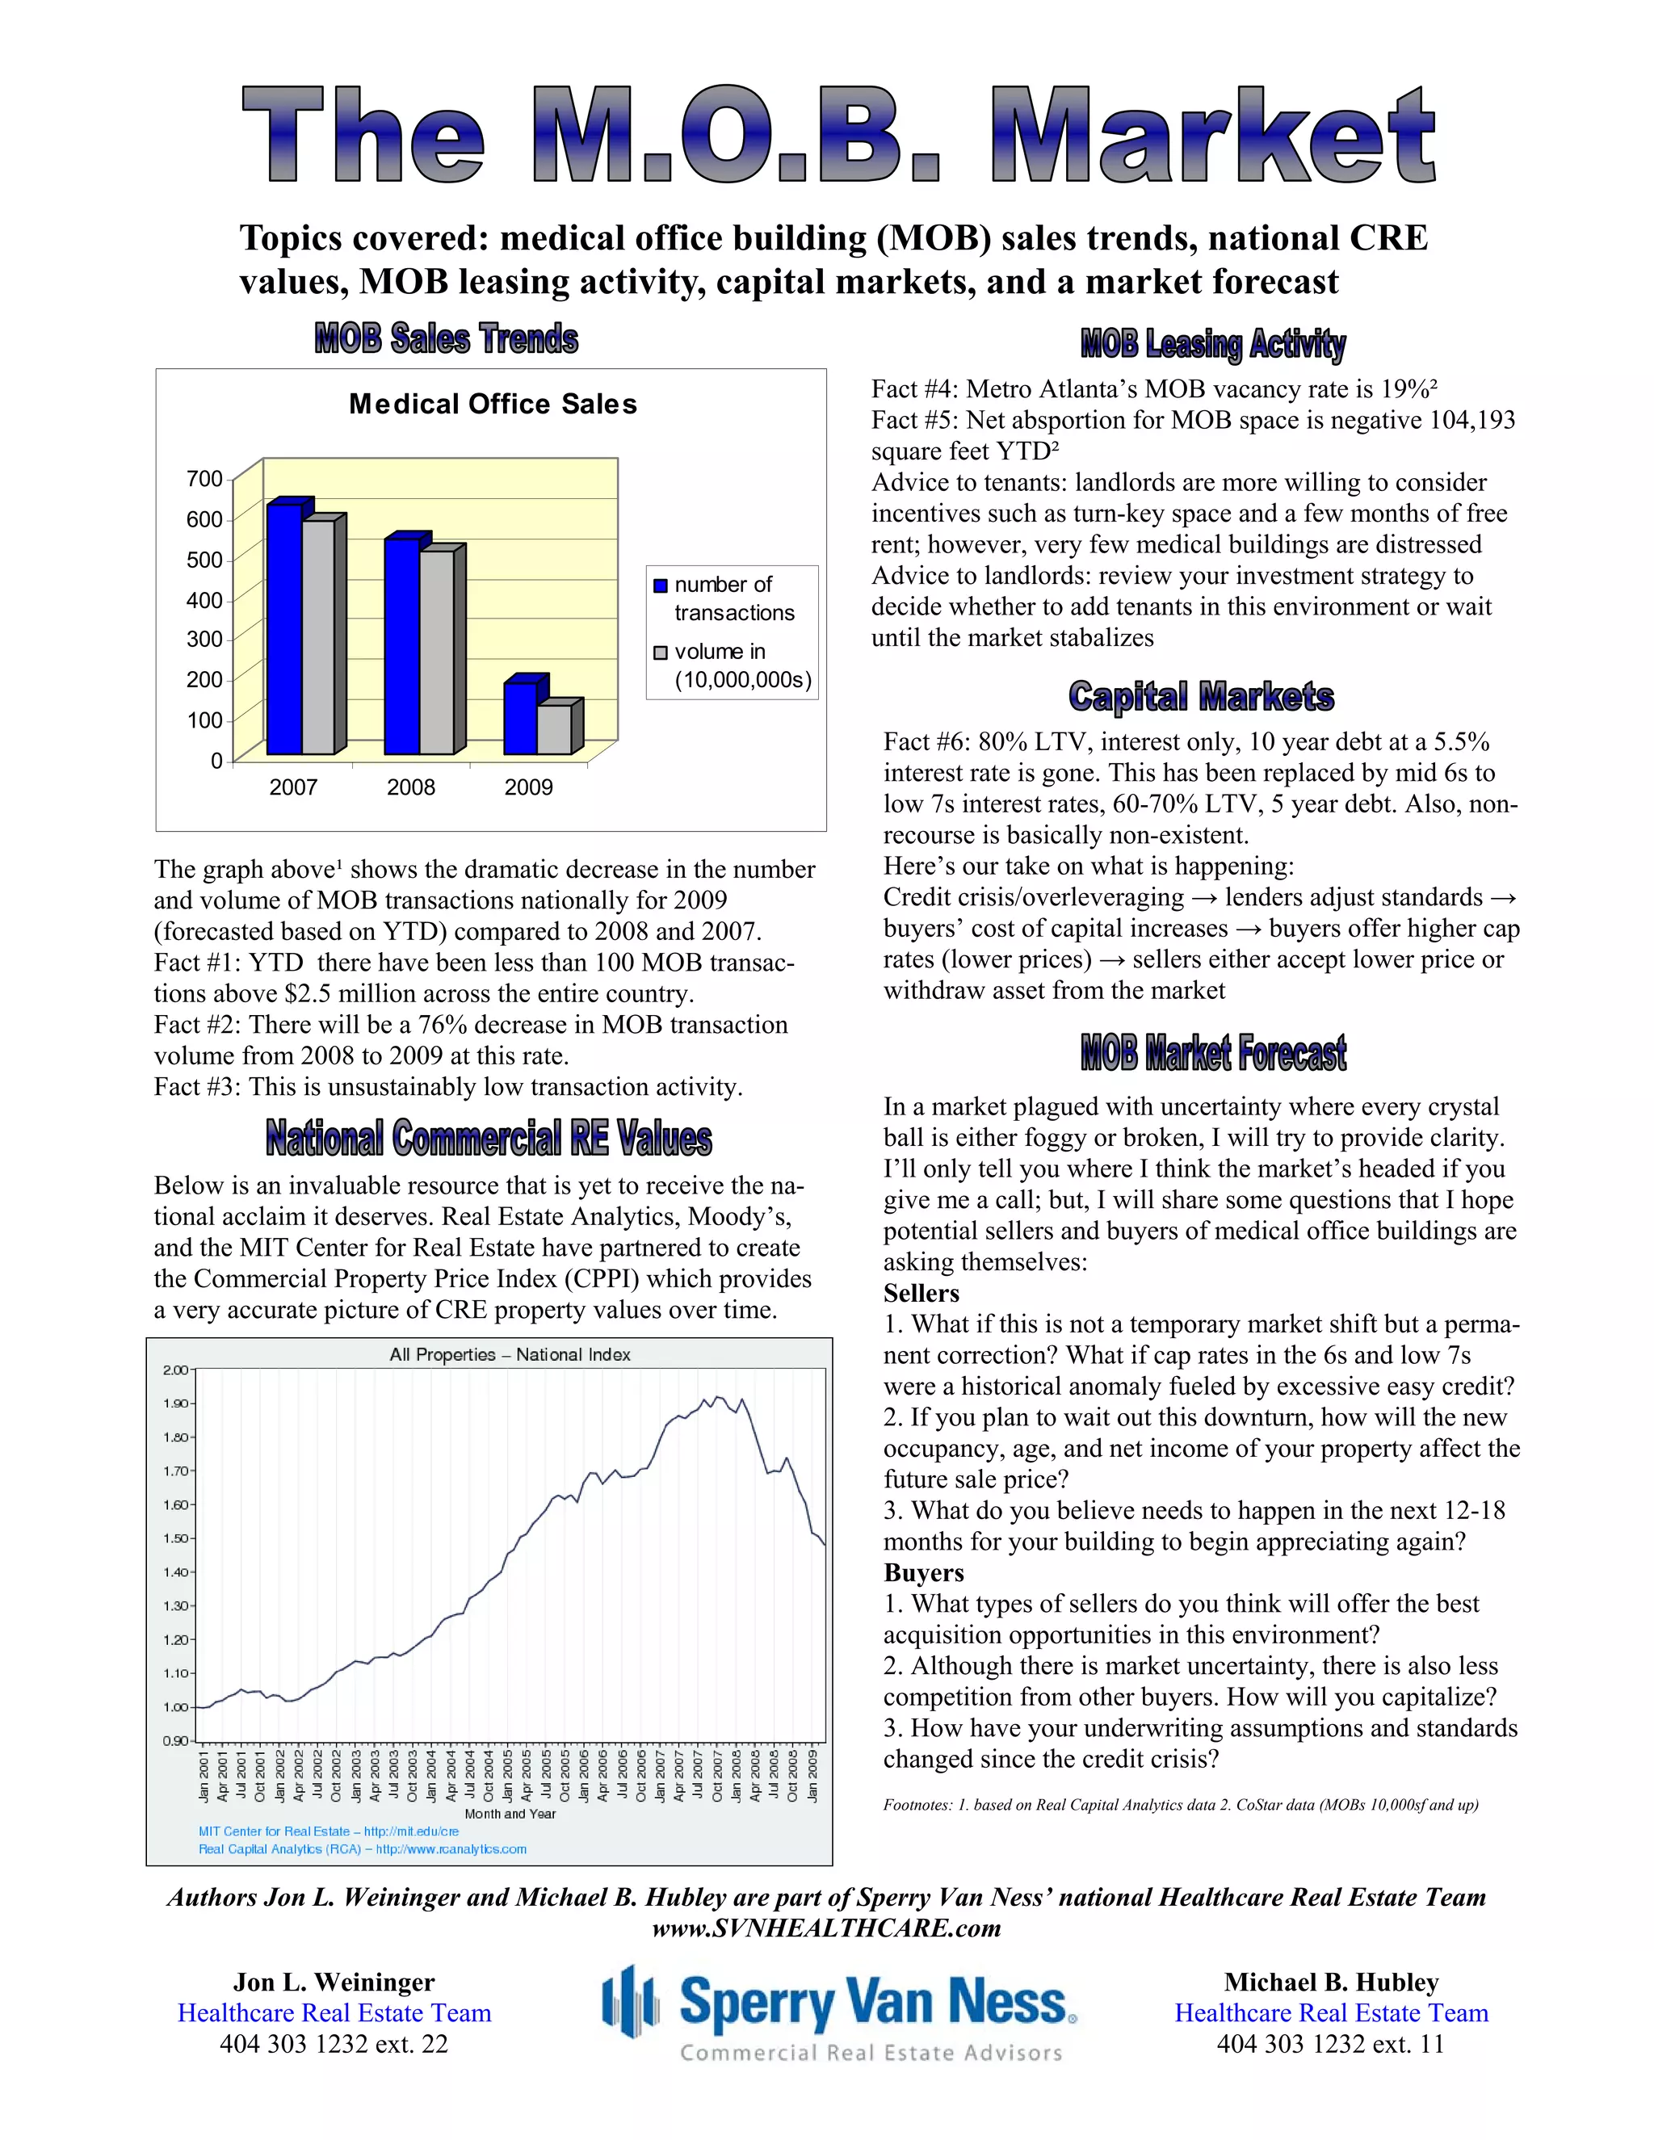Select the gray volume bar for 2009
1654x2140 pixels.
(553, 730)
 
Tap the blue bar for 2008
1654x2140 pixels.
(401, 647)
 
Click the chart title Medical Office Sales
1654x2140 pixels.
(493, 405)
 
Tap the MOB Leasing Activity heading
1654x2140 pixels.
(1213, 344)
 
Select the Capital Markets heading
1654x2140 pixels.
(1201, 697)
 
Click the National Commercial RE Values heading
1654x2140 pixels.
(489, 1139)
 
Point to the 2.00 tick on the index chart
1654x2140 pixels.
(175, 1370)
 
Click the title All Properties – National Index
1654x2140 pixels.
(510, 1355)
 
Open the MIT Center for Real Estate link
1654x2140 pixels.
(328, 1832)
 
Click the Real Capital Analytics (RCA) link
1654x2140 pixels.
(363, 1849)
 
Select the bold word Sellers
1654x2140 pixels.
(921, 1294)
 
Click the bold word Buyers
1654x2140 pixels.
(924, 1572)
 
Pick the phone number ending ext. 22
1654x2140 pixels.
(334, 2045)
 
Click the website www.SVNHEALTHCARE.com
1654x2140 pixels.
(827, 1928)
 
